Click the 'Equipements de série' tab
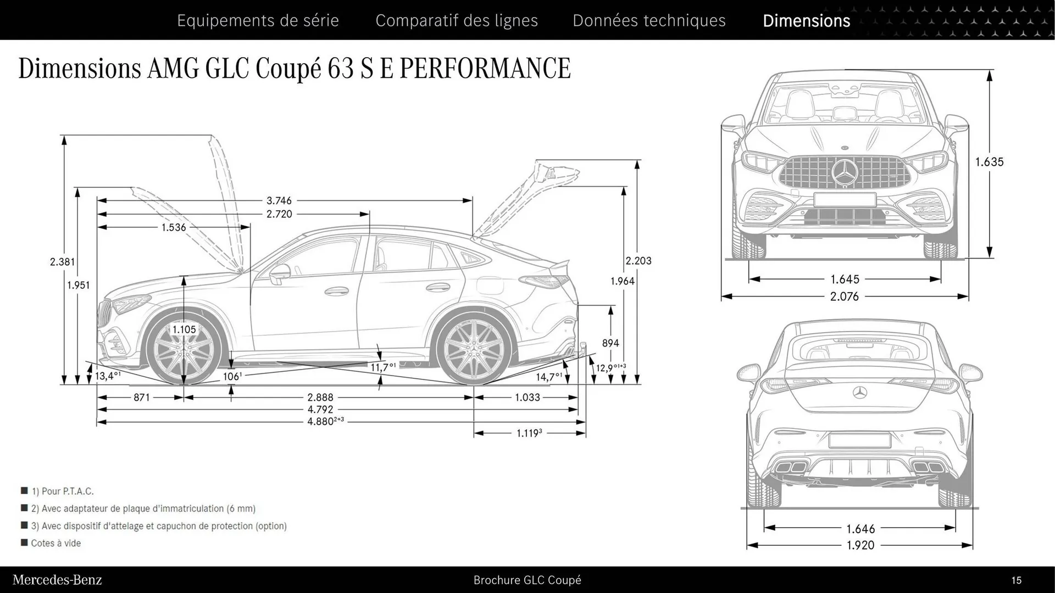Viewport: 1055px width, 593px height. (x=258, y=20)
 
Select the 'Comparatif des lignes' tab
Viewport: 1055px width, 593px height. (x=457, y=20)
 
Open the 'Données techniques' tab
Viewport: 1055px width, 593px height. (x=649, y=20)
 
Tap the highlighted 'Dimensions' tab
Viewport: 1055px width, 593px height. (x=806, y=20)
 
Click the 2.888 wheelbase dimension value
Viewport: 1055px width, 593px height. (x=320, y=397)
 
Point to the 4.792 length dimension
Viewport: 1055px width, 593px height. (x=320, y=409)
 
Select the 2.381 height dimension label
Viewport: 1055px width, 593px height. (x=62, y=262)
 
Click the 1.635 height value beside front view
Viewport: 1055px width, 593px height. (x=989, y=162)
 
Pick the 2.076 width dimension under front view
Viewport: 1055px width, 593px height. (x=845, y=296)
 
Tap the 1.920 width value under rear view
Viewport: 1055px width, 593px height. (x=860, y=545)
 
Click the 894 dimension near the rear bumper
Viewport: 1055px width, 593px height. (x=610, y=343)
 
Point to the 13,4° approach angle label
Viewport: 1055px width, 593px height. (x=108, y=376)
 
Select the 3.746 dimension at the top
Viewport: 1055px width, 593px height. (x=279, y=201)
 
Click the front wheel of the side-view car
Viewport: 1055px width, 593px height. (x=184, y=349)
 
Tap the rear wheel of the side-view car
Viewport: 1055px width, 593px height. (x=473, y=349)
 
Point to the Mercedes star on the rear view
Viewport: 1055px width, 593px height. (x=860, y=392)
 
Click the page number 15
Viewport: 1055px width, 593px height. (x=1016, y=580)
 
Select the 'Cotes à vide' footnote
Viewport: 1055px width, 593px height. (x=55, y=543)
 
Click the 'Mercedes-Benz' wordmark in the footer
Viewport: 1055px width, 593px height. (x=57, y=580)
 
